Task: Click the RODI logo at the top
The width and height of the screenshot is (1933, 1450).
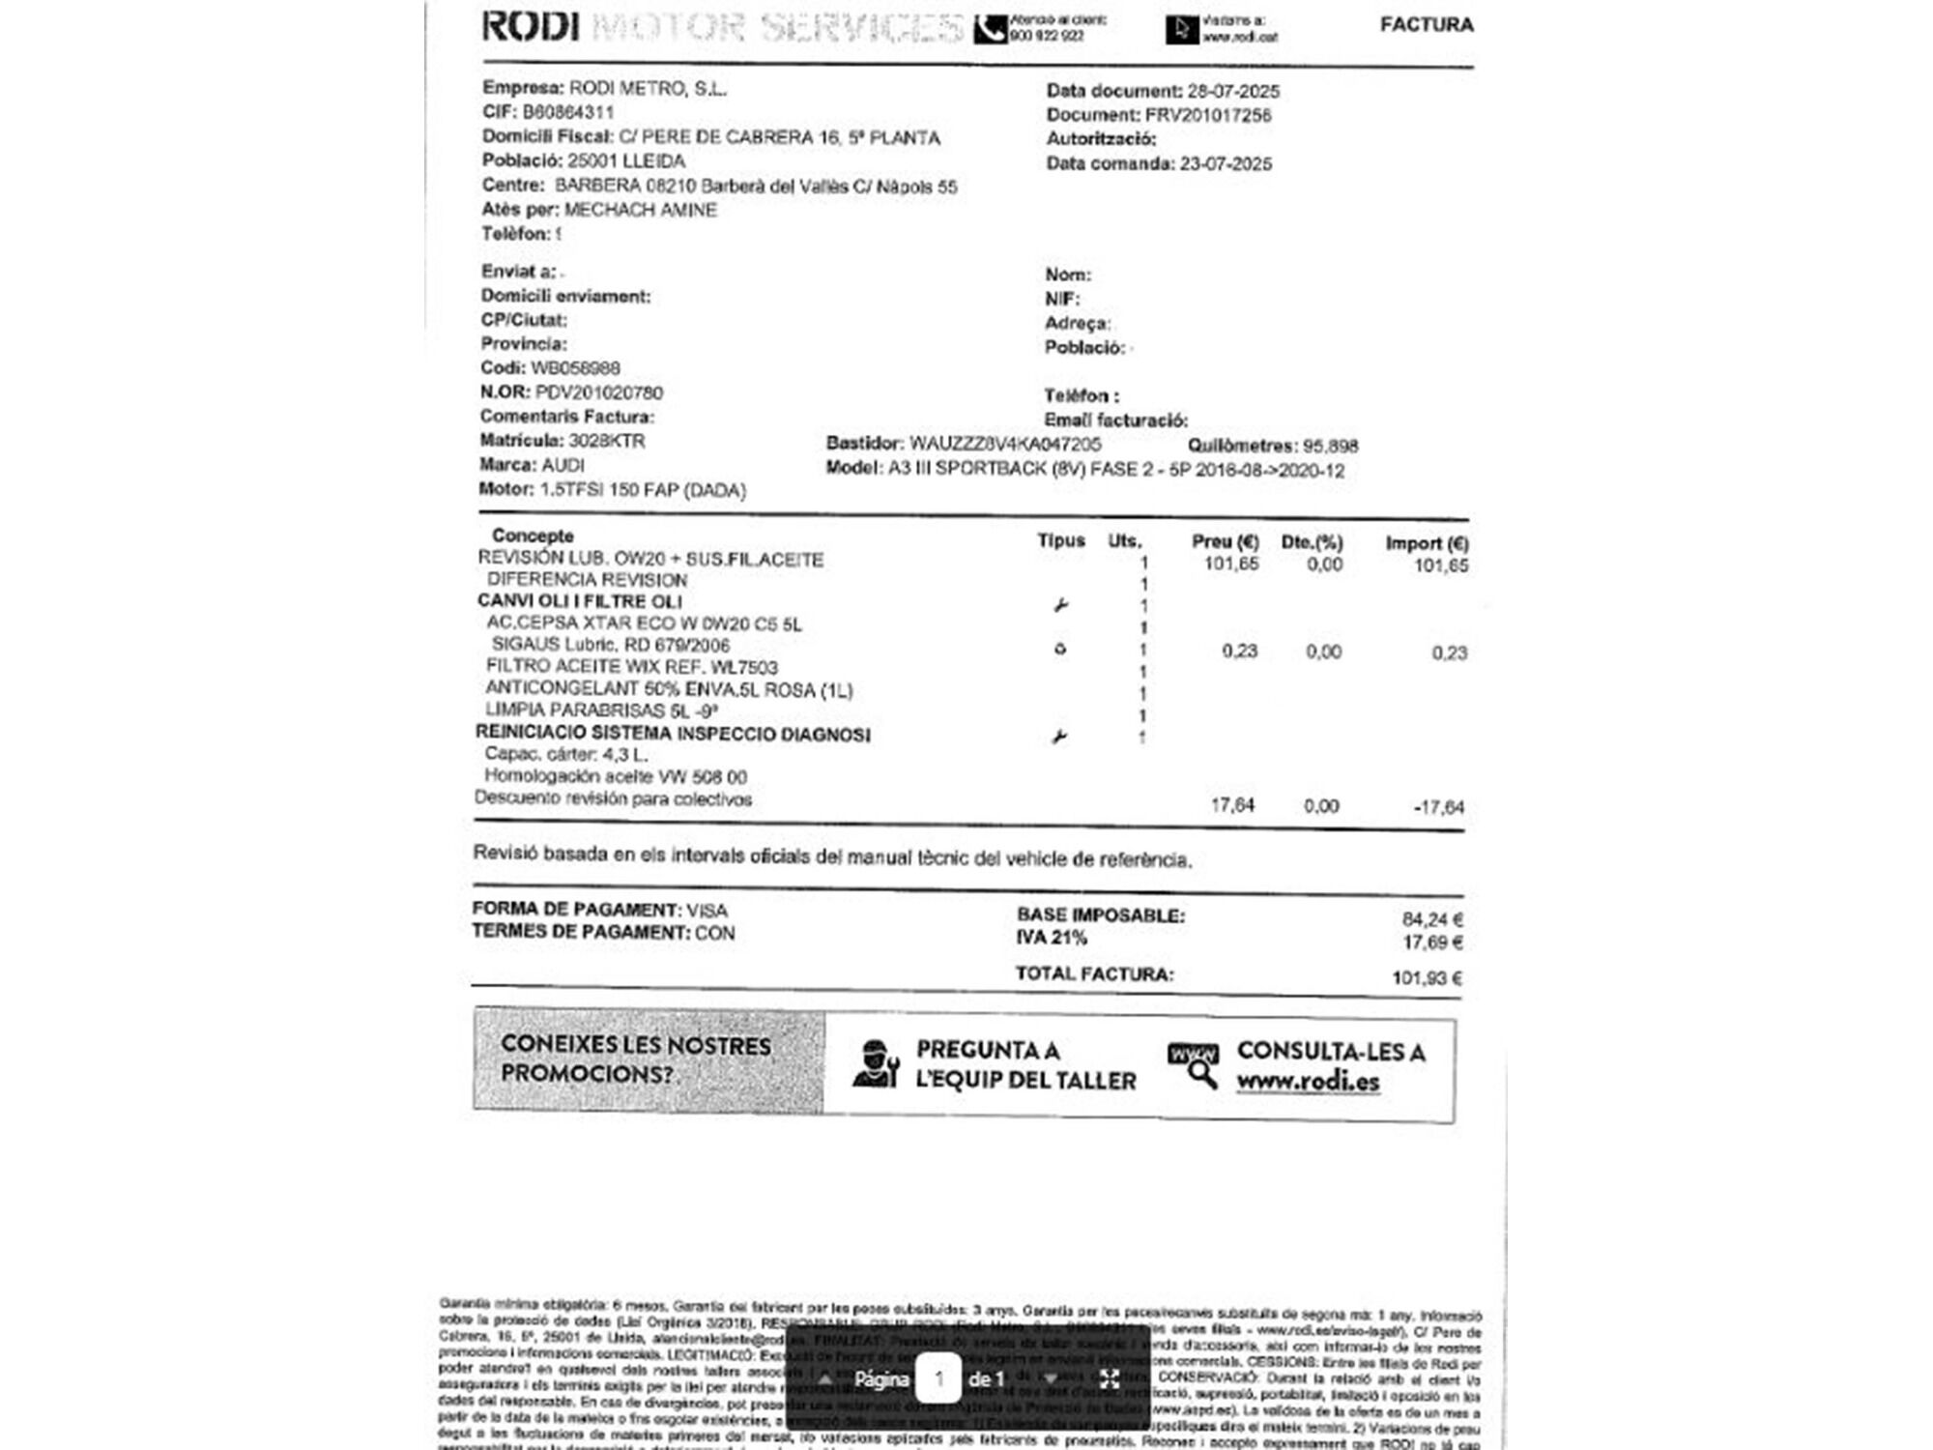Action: click(x=531, y=26)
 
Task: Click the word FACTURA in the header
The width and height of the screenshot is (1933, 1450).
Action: click(x=1426, y=25)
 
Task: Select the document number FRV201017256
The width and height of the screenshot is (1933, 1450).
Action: click(x=1208, y=115)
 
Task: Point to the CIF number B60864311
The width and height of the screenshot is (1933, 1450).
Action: click(x=568, y=112)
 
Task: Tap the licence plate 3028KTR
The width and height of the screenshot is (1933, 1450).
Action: click(x=606, y=441)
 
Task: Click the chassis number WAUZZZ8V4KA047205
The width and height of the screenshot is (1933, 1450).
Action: click(x=1005, y=444)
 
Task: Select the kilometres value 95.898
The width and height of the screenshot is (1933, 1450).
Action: click(x=1330, y=446)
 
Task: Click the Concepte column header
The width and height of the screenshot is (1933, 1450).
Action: click(x=533, y=536)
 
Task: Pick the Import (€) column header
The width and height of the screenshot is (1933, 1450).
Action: click(x=1426, y=543)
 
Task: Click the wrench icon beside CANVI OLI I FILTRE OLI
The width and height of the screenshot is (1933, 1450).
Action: click(x=1060, y=606)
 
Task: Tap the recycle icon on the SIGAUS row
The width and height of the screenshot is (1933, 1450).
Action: click(x=1060, y=650)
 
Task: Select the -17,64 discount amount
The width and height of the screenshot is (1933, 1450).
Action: click(x=1438, y=807)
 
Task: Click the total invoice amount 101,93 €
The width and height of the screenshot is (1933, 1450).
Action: click(x=1427, y=978)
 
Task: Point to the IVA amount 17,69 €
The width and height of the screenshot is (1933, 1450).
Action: click(x=1431, y=942)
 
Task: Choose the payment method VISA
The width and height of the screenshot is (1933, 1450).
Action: click(x=707, y=911)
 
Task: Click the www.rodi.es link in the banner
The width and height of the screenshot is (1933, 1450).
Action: click(x=1308, y=1082)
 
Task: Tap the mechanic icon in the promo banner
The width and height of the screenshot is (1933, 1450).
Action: click(x=876, y=1065)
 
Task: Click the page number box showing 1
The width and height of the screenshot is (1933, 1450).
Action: click(x=938, y=1378)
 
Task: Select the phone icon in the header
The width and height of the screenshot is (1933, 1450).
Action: click(x=989, y=30)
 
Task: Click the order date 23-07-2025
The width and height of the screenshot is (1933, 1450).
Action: click(x=1226, y=164)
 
